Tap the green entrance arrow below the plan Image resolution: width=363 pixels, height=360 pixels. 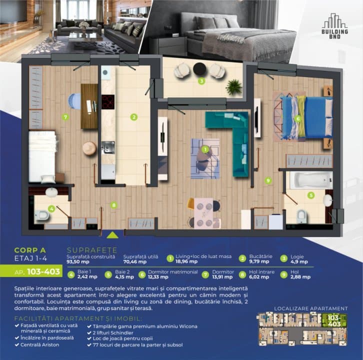coord(113,234)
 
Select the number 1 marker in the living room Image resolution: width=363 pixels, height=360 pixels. coord(205,149)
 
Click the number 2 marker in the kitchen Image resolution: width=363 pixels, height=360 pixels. coord(133,117)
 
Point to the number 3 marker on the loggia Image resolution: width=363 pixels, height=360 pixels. coord(201,80)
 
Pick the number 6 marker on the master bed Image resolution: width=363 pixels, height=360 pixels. coord(297,118)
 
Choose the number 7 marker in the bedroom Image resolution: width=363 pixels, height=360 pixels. coord(65,117)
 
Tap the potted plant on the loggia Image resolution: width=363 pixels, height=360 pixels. coord(233,87)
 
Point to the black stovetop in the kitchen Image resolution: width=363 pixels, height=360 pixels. coord(108,101)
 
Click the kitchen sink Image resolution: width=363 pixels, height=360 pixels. coord(108,147)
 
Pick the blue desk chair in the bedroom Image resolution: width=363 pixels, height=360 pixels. coord(72,102)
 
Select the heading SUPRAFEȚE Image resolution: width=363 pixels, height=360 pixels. coord(91,249)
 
